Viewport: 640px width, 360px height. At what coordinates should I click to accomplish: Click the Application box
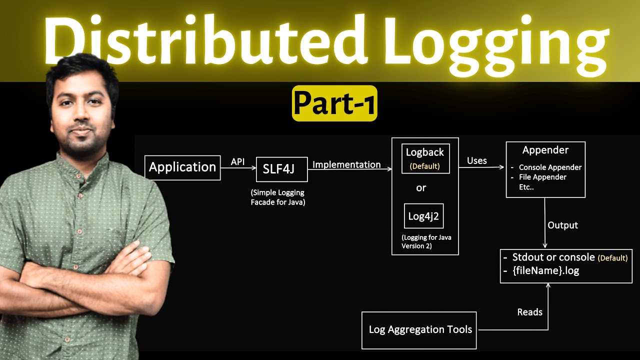182,167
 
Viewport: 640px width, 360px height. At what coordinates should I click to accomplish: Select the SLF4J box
281,169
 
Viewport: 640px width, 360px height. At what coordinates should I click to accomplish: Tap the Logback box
425,158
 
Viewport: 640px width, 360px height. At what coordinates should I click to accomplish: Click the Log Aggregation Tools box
419,330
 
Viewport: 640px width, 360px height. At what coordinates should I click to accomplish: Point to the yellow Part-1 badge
334,103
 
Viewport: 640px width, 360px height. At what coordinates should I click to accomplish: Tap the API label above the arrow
238,162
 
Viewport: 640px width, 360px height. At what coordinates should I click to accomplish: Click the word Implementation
346,164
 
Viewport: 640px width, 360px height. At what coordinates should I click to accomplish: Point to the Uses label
476,160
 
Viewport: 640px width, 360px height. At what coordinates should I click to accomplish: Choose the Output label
562,225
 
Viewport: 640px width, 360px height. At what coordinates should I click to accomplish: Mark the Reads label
529,312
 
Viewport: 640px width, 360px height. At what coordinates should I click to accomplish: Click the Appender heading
545,150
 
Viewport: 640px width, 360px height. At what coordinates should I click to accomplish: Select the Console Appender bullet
550,167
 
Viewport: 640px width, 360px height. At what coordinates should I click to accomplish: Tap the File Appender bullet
542,177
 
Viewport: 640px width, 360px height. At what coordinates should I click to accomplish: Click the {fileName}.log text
545,271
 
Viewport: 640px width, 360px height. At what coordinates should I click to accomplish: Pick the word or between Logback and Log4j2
421,188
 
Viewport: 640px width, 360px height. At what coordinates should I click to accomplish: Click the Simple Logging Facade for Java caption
277,197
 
